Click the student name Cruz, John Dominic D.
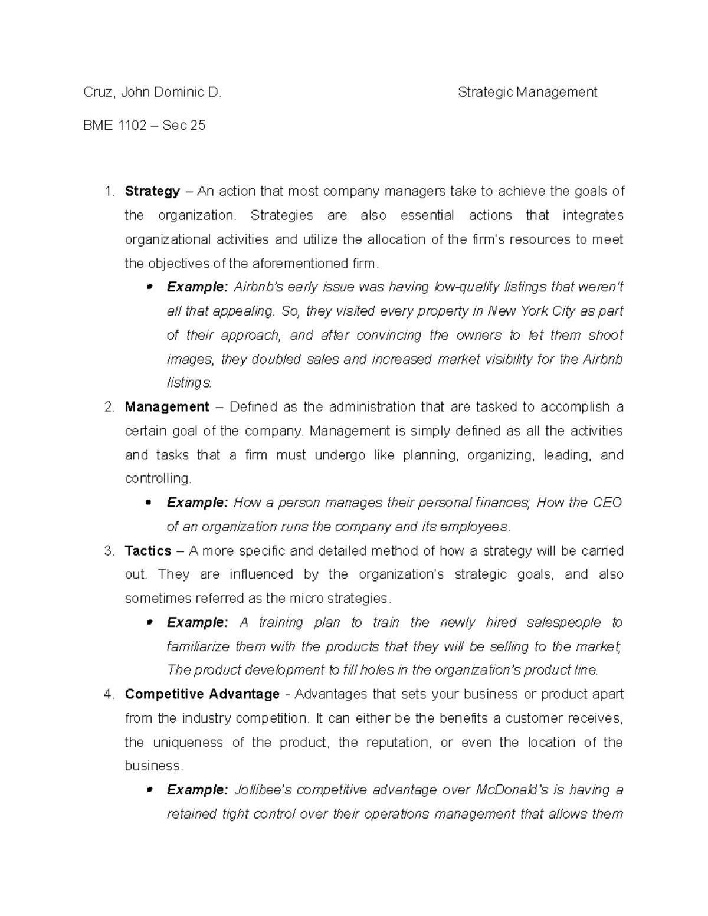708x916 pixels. (x=152, y=92)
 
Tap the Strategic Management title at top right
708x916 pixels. (x=527, y=92)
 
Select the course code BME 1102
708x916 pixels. (x=114, y=125)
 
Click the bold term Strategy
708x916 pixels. (x=152, y=191)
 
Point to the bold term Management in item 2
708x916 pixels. (x=167, y=407)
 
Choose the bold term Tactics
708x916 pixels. (x=147, y=551)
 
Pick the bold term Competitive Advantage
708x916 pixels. (x=202, y=694)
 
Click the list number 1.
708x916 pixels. (x=107, y=191)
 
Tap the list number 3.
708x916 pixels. (x=108, y=551)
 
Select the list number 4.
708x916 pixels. (x=108, y=694)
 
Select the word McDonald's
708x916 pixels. (x=510, y=790)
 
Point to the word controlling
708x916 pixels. (x=158, y=478)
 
